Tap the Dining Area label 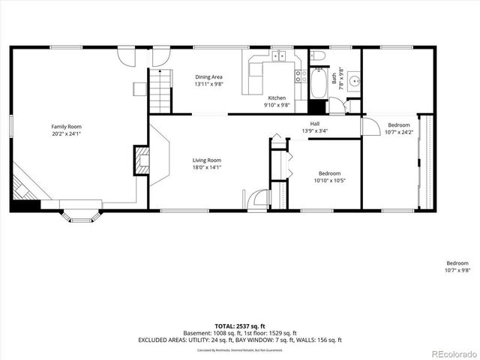(x=208, y=76)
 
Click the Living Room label (x=206, y=160)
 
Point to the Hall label (x=315, y=124)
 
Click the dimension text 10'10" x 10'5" (x=329, y=180)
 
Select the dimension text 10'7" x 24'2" (x=398, y=132)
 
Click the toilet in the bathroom (x=318, y=57)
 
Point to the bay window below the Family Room (x=78, y=214)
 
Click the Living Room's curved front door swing (x=259, y=198)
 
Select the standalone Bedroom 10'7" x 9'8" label (x=457, y=267)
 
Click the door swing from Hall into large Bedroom (x=371, y=126)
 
